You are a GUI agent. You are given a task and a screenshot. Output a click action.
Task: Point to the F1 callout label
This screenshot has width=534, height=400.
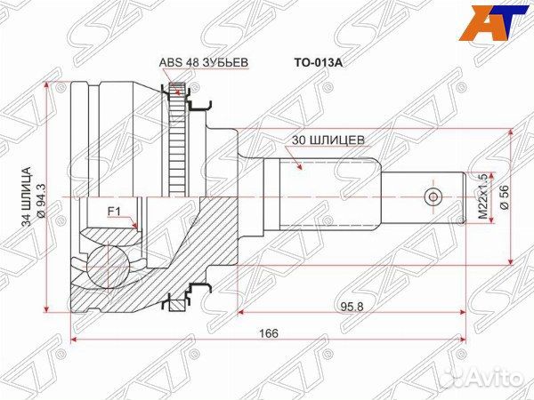coord(114,211)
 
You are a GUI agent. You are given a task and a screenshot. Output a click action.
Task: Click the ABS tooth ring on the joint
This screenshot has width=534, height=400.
coord(176,142)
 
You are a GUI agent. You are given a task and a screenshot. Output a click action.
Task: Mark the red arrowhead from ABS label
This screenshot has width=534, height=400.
coord(176,87)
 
